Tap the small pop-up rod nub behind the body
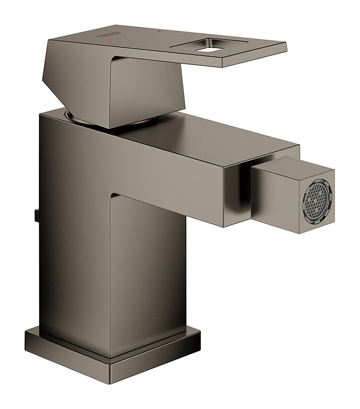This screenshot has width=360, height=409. pyautogui.click(x=36, y=214)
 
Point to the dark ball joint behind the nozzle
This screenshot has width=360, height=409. pyautogui.click(x=245, y=192)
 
